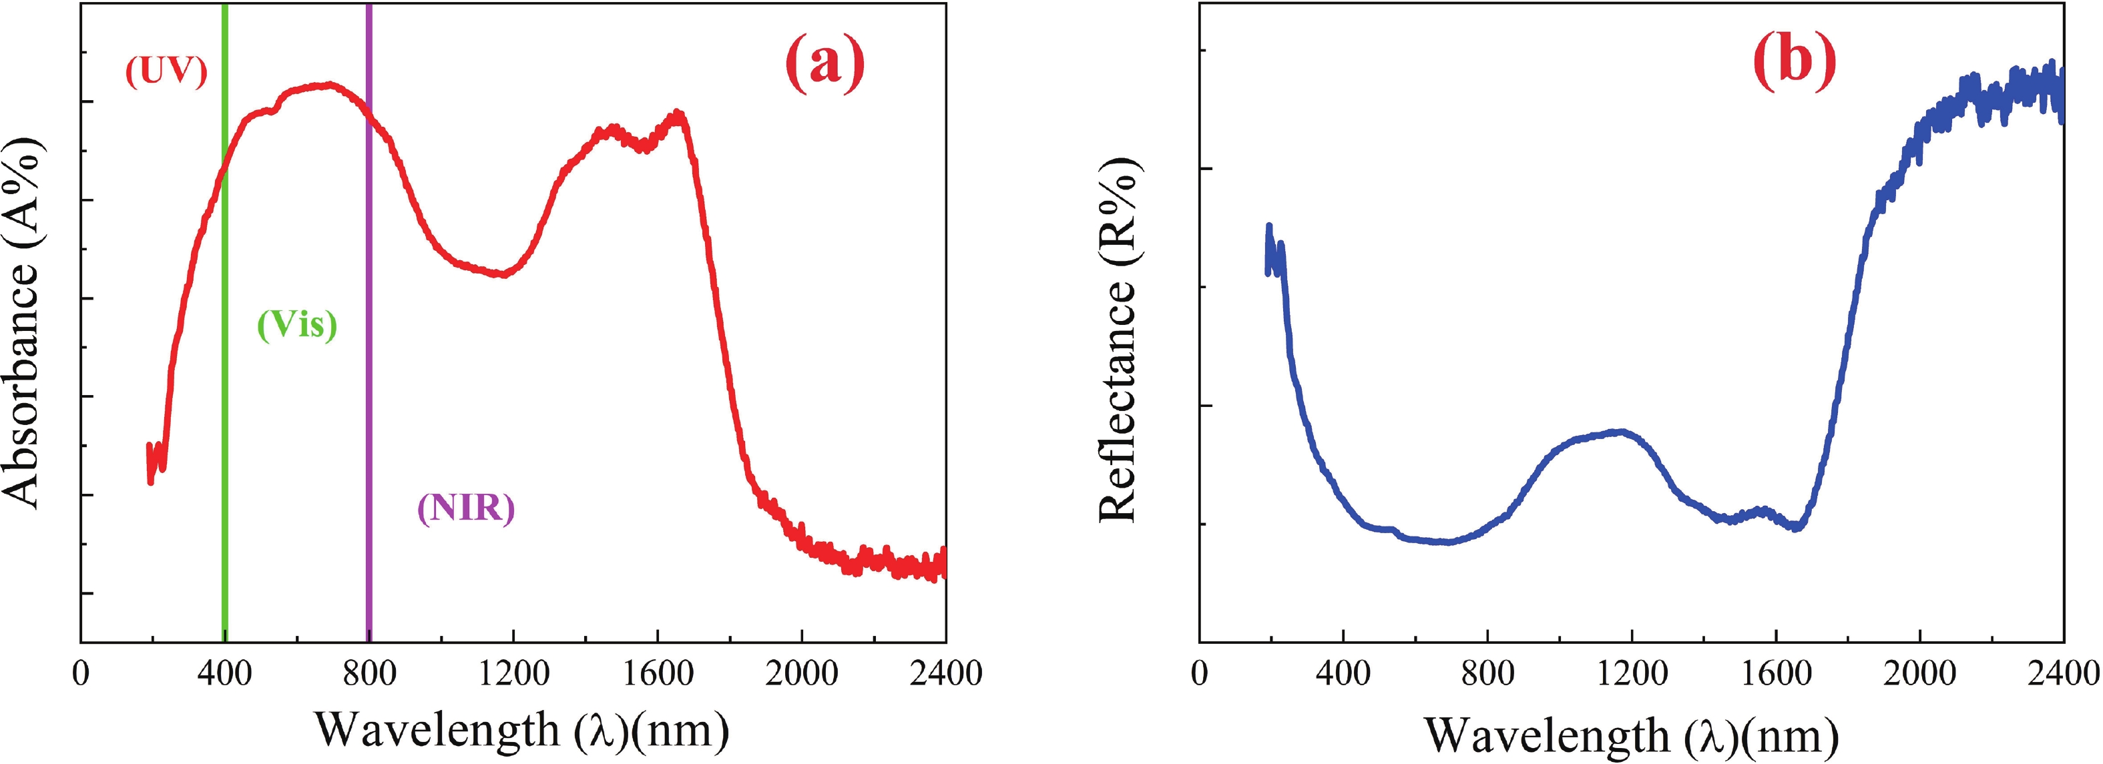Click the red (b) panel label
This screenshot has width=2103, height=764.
point(1795,63)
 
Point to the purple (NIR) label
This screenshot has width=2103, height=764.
point(466,508)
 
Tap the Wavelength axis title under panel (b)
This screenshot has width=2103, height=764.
point(1632,734)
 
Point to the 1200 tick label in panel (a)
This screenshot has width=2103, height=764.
point(513,674)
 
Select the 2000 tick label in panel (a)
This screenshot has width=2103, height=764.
point(802,674)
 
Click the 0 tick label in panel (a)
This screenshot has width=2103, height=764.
point(81,674)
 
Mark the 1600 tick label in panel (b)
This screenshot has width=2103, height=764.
point(1776,674)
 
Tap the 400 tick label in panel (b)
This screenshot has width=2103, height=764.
point(1343,674)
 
